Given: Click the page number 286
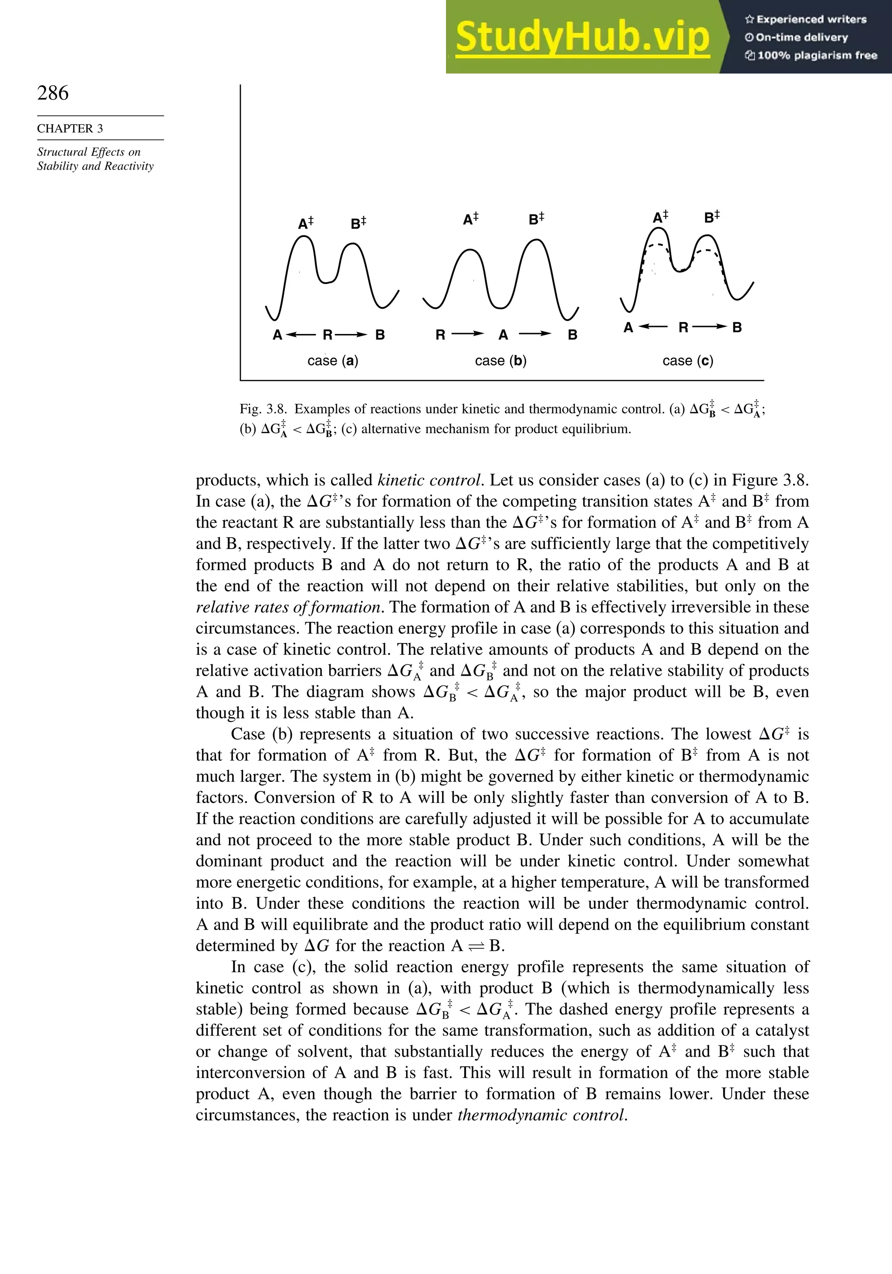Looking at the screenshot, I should point(53,93).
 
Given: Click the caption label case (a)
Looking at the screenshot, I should point(332,361).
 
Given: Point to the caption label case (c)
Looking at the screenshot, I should point(688,361).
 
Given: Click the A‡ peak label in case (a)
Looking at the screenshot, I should point(305,223).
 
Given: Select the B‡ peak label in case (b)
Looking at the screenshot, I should point(536,219).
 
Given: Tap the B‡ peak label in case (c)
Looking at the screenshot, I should point(712,216).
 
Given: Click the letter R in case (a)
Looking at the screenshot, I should point(328,334).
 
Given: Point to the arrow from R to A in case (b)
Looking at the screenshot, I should point(467,334).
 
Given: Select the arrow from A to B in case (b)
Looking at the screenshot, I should point(534,334).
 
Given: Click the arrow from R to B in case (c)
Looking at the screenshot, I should point(710,327).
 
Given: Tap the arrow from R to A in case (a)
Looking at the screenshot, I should point(300,334).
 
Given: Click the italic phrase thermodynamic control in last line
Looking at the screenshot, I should point(542,1115).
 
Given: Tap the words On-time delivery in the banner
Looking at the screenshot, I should point(801,37).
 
